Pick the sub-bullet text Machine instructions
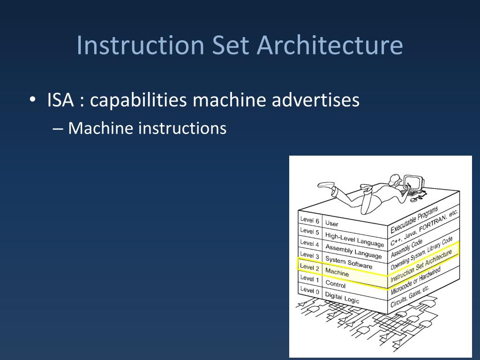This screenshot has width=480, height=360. tap(147, 128)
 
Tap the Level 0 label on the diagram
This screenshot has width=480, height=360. tap(309, 291)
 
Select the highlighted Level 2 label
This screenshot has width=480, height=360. tap(309, 267)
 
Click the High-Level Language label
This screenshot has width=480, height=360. tap(354, 239)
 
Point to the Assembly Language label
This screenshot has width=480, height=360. tap(353, 251)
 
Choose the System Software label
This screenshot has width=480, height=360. tap(349, 262)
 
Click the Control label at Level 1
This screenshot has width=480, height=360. tap(335, 284)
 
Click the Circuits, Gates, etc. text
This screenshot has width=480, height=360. tap(410, 296)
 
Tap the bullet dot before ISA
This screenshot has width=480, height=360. tap(32, 100)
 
